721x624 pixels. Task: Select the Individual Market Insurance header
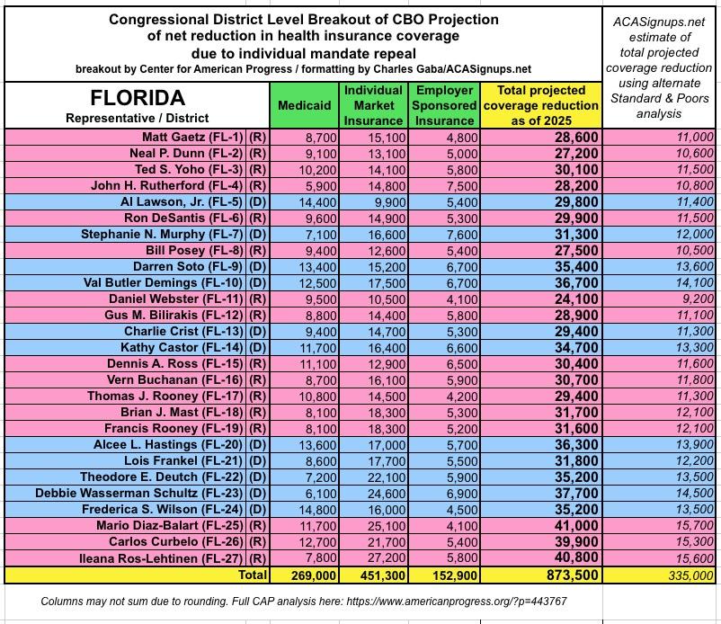373,105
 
